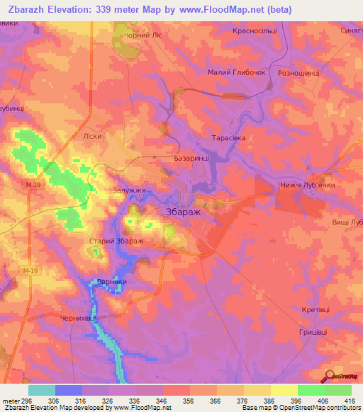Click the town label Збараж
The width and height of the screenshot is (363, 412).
click(x=183, y=212)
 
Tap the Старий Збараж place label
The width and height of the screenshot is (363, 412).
click(x=116, y=242)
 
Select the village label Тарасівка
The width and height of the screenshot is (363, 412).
click(x=229, y=138)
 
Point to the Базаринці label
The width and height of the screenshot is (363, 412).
click(x=191, y=160)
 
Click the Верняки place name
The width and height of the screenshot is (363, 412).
click(x=111, y=281)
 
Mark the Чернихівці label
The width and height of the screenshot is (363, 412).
click(x=77, y=319)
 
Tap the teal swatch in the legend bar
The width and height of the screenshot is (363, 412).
click(x=42, y=390)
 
